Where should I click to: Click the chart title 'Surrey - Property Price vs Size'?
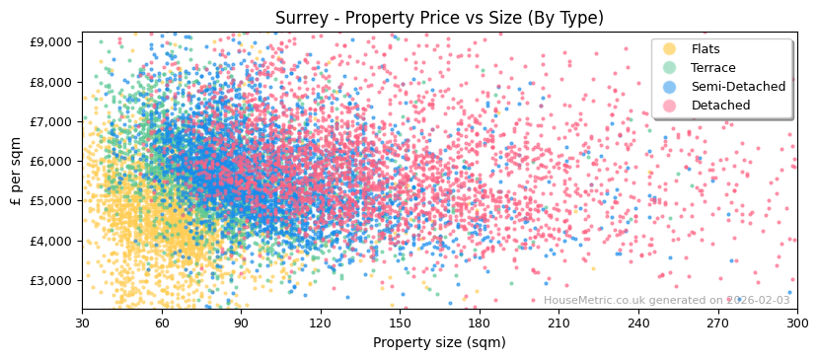[439, 18]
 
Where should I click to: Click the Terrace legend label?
[712, 68]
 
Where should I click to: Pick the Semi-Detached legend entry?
[738, 87]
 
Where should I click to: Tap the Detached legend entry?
[720, 106]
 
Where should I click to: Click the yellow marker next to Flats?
[670, 49]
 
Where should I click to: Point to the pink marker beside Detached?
[670, 106]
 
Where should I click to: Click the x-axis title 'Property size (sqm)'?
[439, 342]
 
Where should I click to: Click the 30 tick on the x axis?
[82, 323]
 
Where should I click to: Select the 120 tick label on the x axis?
[321, 323]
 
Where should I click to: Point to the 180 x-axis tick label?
[480, 323]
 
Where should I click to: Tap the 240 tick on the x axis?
[638, 323]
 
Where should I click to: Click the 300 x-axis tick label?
[796, 323]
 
